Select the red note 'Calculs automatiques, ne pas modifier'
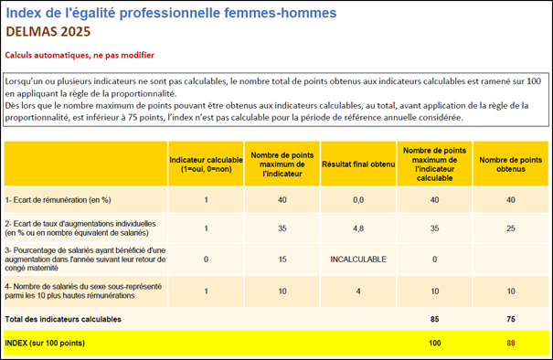pos(80,55)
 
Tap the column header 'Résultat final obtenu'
pos(358,162)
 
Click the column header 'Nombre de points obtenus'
pos(512,162)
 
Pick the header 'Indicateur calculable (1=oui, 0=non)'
pos(206,162)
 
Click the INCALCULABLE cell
pos(358,259)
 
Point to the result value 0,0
pos(358,199)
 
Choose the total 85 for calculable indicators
pos(434,319)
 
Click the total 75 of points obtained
pos(512,319)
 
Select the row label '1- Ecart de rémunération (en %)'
pos(58,199)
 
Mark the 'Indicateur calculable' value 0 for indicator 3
pos(206,259)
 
